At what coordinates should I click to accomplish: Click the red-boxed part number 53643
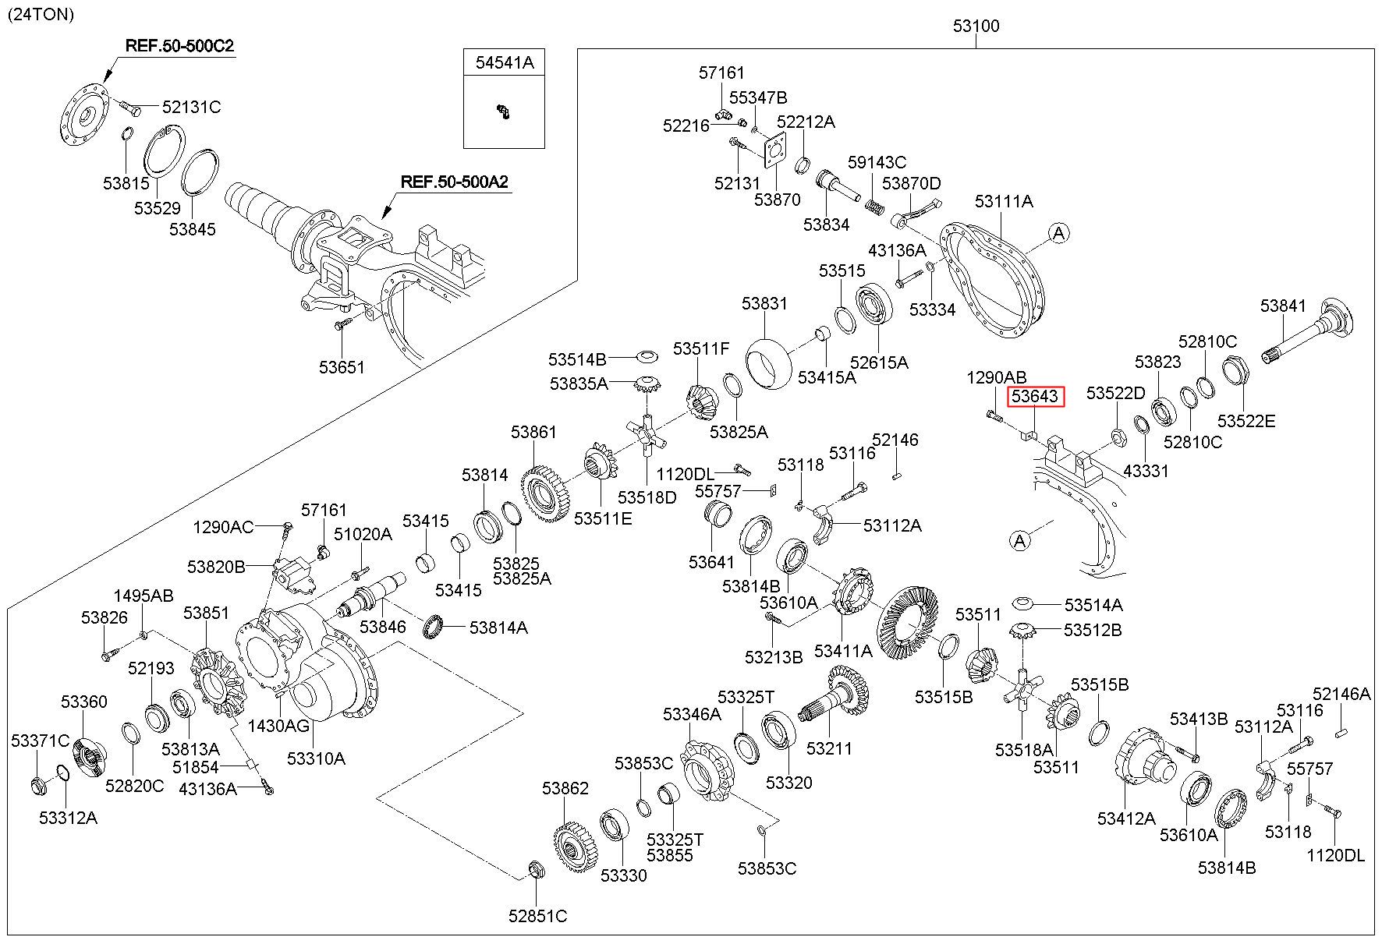[1035, 397]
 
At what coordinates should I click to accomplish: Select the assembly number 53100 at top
[976, 26]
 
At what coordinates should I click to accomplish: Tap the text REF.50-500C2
[179, 46]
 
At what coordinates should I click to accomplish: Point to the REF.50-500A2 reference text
[454, 182]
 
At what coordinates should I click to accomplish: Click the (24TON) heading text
[41, 14]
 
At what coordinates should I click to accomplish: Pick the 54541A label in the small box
[505, 63]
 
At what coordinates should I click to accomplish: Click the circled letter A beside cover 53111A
[1058, 232]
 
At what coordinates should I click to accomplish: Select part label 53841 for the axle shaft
[1284, 306]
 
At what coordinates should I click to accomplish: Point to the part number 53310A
[316, 758]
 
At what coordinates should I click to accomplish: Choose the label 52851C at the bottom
[538, 916]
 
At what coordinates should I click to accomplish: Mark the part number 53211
[830, 748]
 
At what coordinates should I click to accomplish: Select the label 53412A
[1126, 818]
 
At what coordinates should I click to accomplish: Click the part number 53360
[84, 702]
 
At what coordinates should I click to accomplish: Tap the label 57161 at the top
[721, 72]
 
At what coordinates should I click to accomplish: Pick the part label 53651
[342, 366]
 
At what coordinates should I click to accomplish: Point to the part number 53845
[193, 229]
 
